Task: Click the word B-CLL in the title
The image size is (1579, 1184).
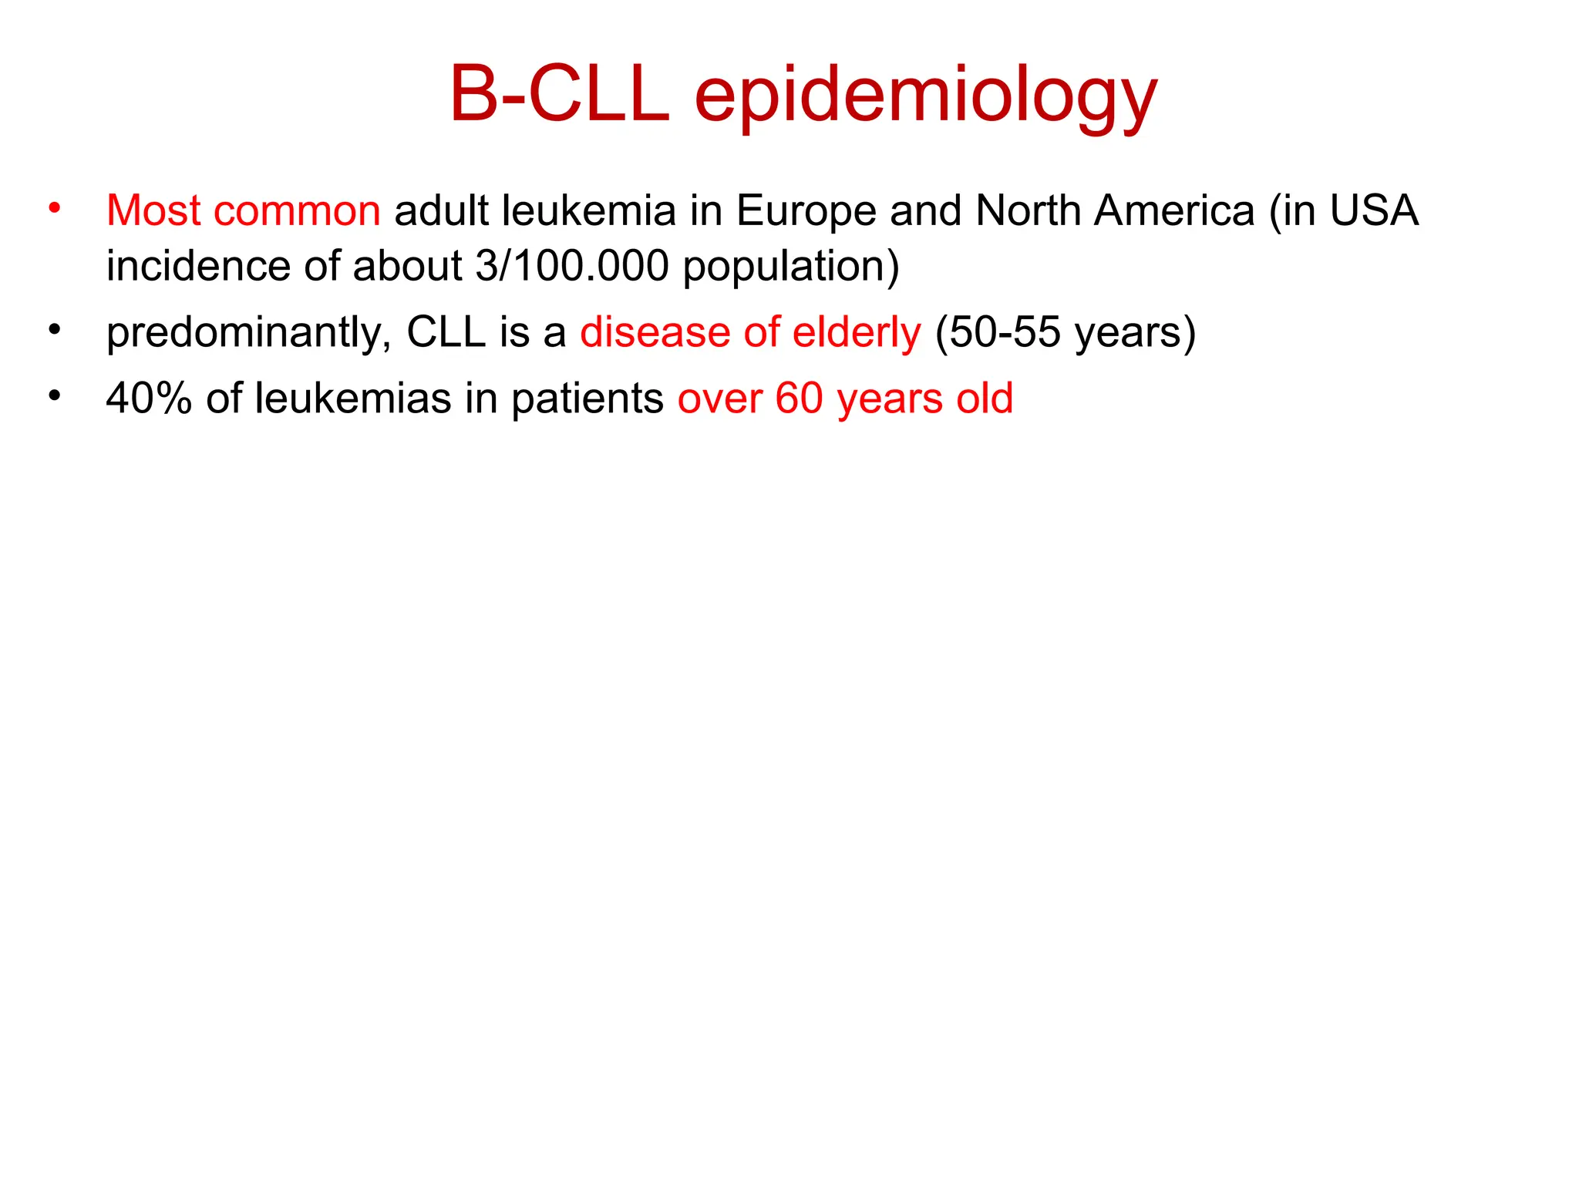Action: [x=559, y=94]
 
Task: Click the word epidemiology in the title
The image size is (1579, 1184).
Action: [x=925, y=97]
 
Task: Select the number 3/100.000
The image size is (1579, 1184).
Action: [x=571, y=266]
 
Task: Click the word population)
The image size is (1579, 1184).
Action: [x=791, y=267]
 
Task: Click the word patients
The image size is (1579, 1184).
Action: [x=587, y=400]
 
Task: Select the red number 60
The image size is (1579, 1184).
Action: [x=799, y=399]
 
